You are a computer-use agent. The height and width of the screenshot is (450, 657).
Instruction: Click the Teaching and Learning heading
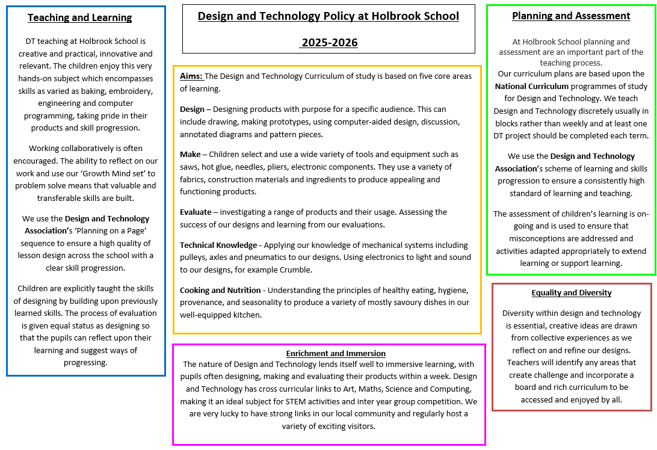point(80,17)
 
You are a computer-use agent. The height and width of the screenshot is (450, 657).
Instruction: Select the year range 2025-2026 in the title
point(329,42)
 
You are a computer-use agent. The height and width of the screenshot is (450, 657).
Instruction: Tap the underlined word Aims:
point(192,76)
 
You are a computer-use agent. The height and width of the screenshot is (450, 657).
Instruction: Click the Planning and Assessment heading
point(571,16)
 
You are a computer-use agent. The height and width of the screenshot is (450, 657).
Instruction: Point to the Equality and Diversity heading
point(572,293)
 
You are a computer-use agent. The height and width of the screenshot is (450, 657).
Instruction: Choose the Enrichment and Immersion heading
point(336,353)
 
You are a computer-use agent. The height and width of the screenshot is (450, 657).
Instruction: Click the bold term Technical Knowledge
point(218,245)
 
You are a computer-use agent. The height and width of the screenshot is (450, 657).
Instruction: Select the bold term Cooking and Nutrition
point(220,290)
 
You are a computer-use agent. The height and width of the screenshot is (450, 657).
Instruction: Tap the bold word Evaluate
point(195,212)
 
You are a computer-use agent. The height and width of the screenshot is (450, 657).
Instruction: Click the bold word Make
point(190,155)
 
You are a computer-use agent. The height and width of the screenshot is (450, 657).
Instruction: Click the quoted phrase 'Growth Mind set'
point(109,173)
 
